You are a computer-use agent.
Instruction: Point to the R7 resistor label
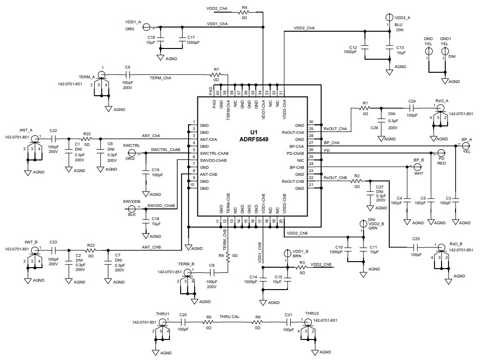[x=216, y=69]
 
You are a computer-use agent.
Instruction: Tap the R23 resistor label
[x=91, y=245]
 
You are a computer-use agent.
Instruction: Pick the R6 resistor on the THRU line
[x=258, y=322]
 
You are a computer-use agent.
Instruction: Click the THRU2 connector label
[x=312, y=313]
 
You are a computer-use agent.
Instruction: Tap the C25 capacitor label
[x=416, y=239]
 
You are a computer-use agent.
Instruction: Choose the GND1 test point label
[x=445, y=39]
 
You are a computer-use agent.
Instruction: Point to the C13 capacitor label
[x=400, y=48]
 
